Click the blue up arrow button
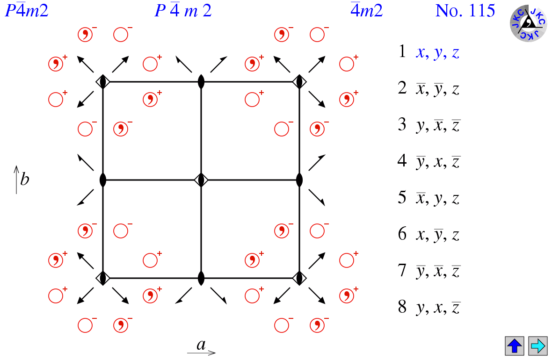tap(514, 346)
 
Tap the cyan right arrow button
tap(538, 346)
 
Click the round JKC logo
tap(529, 23)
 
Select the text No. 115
tap(465, 11)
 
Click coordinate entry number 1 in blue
tap(429, 52)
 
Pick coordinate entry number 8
tap(429, 307)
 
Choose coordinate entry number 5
tap(429, 198)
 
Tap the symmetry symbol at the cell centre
tap(201, 180)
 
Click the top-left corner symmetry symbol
tap(103, 82)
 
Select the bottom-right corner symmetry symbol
tap(299, 278)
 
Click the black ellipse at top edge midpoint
tap(201, 82)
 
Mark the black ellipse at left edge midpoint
tap(103, 180)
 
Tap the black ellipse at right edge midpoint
tap(299, 180)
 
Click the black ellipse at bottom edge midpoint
tap(201, 278)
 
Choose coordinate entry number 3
tap(429, 125)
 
